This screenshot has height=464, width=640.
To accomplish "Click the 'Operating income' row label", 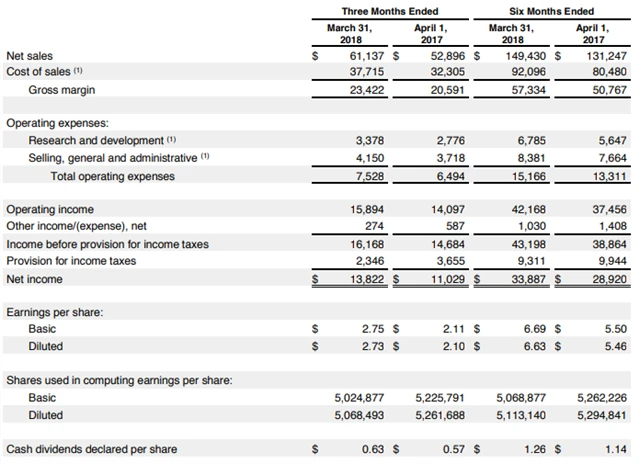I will [x=50, y=210].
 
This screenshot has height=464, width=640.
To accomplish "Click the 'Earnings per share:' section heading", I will [x=54, y=313].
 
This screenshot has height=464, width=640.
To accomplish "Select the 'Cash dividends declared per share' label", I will [x=91, y=449].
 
